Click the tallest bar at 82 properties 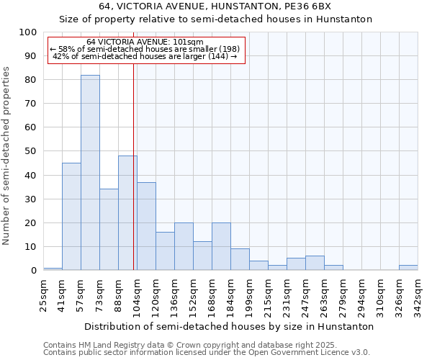[90, 173]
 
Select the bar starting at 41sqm [71, 216]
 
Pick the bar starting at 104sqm [146, 226]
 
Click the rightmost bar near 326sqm [408, 268]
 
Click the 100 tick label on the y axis [28, 32]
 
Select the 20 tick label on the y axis [30, 222]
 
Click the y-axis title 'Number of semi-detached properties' [6, 156]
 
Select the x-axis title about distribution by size [229, 327]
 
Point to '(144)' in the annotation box [217, 55]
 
